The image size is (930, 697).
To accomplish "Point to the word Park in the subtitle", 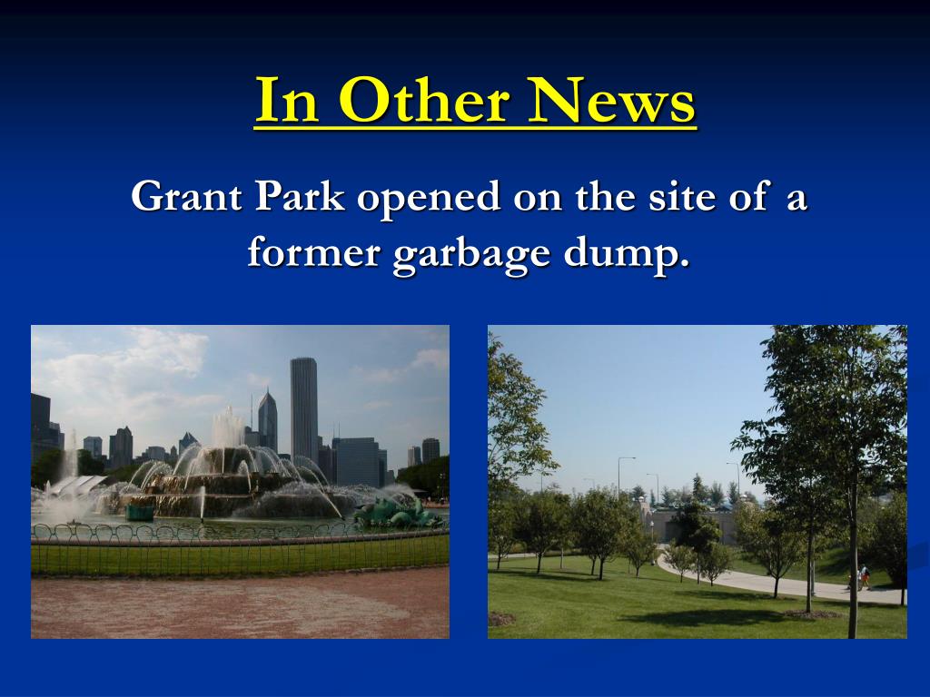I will coord(300,197).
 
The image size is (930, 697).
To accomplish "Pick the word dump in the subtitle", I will coord(622,255).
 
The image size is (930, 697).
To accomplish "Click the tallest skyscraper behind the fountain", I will coord(304,408).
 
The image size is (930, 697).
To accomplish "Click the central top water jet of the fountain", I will coord(226,426).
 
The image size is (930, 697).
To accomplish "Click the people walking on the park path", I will coord(862,577).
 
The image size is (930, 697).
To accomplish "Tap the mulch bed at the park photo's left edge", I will coord(500,618).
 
